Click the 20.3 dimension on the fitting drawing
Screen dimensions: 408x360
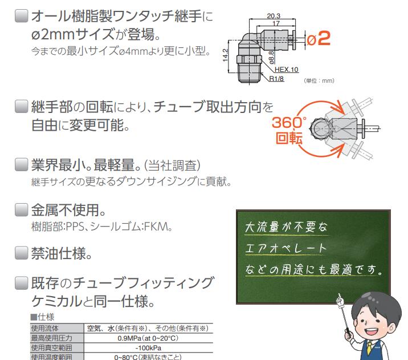tap(274, 16)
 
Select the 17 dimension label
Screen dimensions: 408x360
tap(276, 23)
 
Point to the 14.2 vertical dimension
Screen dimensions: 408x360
tap(225, 55)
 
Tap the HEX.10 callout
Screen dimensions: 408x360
tap(286, 70)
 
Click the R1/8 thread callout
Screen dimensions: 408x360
tap(276, 78)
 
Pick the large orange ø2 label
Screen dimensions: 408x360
tap(318, 39)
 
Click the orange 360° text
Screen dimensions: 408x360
tap(289, 123)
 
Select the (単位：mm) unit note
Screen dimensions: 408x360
tap(319, 80)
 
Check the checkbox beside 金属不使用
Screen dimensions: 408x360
tap(21, 210)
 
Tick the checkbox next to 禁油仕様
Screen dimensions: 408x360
tap(21, 253)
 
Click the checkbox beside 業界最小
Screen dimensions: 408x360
tap(21, 165)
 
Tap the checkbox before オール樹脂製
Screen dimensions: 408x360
tap(21, 16)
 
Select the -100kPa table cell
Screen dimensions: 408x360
tap(148, 348)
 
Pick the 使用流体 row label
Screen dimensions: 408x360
tap(45, 329)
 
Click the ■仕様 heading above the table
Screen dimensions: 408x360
tap(42, 317)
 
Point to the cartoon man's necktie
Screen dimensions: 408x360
tap(369, 349)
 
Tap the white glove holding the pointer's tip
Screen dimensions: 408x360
tap(340, 301)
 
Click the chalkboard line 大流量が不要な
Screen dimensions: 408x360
tap(286, 227)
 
